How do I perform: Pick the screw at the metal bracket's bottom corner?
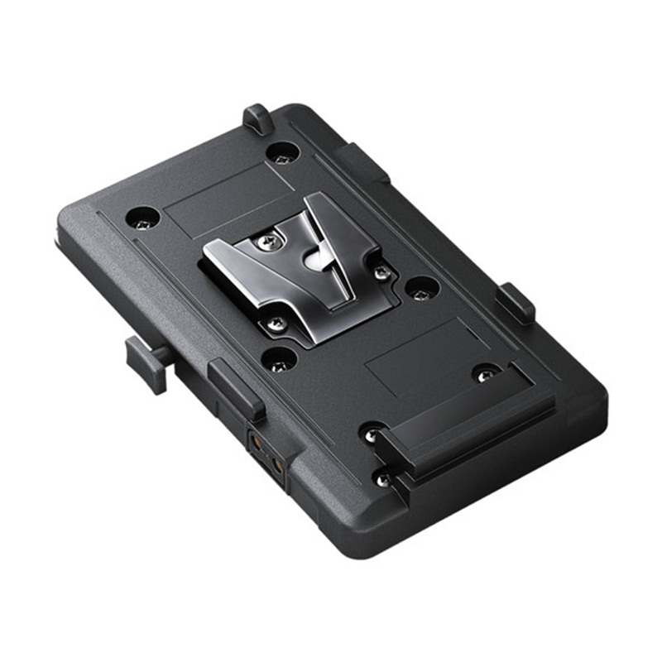click(x=276, y=324)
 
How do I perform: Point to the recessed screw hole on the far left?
click(x=142, y=218)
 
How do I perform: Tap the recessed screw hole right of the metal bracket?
click(x=422, y=288)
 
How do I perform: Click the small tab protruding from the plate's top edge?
click(x=257, y=118)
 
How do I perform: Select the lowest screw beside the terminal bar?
click(x=381, y=478)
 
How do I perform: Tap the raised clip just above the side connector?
click(x=236, y=388)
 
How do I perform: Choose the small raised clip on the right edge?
click(x=516, y=302)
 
